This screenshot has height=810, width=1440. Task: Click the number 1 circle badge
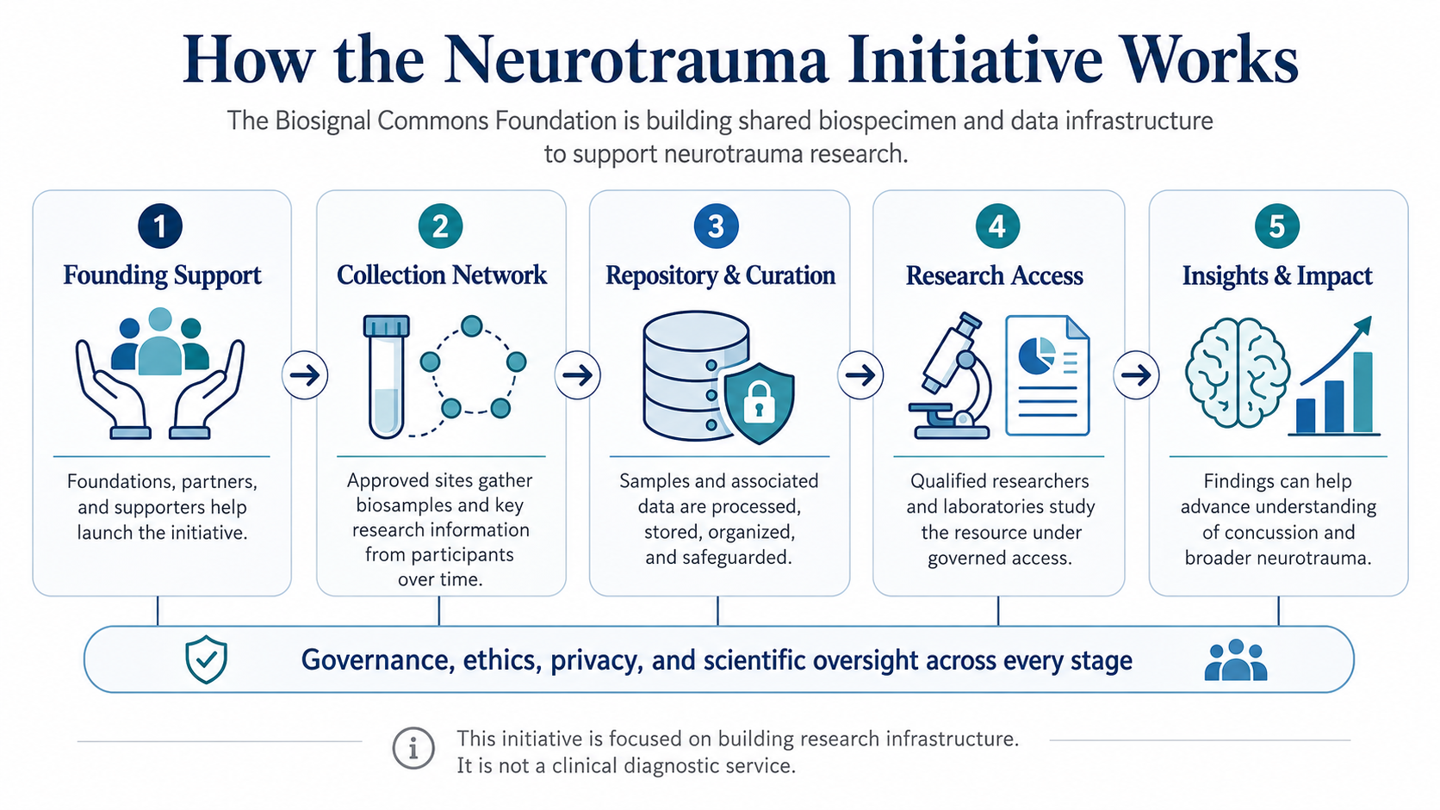[x=160, y=226]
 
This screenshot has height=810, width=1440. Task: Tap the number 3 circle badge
[x=717, y=226]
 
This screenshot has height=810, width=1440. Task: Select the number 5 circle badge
[x=1276, y=226]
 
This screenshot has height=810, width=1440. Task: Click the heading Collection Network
[x=442, y=275]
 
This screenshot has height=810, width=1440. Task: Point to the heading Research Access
[x=995, y=275]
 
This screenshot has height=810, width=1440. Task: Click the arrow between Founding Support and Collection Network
[x=305, y=375]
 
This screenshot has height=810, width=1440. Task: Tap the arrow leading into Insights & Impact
[x=1136, y=375]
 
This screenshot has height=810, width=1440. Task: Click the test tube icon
[x=387, y=376]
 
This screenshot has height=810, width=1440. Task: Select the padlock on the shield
[x=760, y=402]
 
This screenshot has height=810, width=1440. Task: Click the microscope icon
[x=950, y=376]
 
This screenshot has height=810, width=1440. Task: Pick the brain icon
[x=1237, y=373]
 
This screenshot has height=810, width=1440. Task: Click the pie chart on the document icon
[x=1036, y=356]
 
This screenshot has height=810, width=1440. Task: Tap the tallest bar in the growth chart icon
[x=1362, y=393]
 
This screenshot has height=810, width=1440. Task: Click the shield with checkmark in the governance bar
[x=206, y=659]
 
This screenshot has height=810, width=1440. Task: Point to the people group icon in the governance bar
[x=1236, y=659]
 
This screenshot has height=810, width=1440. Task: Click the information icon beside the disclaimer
[x=413, y=748]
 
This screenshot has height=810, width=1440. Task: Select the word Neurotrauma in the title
[x=635, y=59]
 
